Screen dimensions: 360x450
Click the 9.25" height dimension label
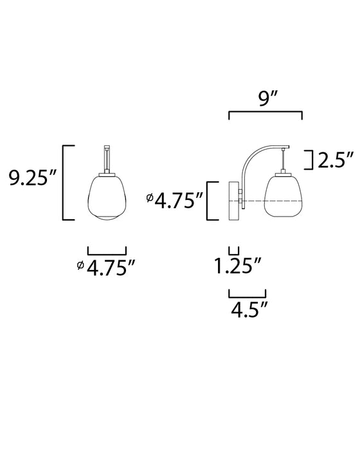(32, 177)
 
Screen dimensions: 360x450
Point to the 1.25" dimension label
(238, 265)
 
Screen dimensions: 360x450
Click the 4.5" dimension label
(249, 309)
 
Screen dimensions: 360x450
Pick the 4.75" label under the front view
(111, 268)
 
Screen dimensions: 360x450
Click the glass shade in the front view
(107, 198)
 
